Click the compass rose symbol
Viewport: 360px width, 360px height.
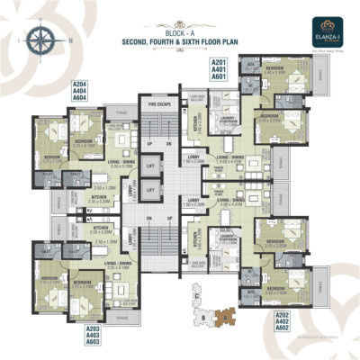(40, 40)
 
